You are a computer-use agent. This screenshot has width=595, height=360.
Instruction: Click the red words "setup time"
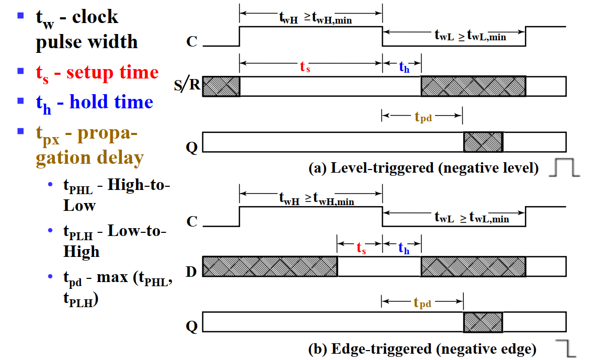[112, 73]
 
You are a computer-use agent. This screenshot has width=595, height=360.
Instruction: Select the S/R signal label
[188, 85]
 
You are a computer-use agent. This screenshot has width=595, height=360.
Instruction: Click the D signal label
[191, 272]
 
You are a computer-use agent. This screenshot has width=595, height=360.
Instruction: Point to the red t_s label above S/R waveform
[305, 67]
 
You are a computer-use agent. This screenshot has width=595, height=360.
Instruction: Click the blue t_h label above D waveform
[404, 248]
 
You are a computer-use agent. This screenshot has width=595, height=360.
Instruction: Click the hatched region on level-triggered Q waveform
[483, 142]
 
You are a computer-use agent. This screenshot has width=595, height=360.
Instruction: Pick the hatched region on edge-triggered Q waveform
[483, 322]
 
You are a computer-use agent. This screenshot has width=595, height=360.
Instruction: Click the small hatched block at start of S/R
[221, 86]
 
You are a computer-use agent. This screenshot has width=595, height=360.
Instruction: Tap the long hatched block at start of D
[269, 266]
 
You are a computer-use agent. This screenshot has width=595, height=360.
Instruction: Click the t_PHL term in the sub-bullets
[77, 187]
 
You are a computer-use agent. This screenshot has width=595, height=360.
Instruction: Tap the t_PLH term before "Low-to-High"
[77, 232]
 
